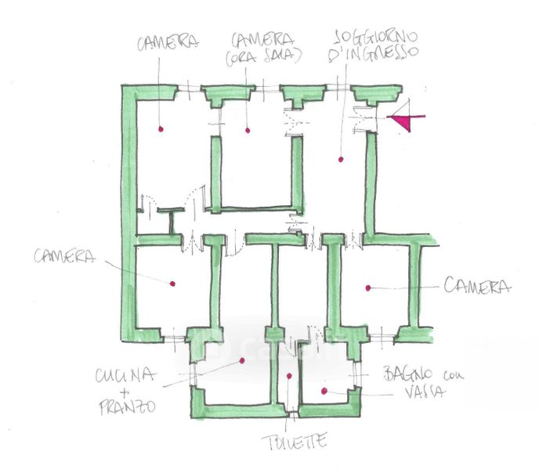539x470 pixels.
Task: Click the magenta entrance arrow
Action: (x=405, y=121)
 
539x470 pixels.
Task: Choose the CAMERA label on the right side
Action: (x=477, y=287)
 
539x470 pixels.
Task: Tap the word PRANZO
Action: (x=125, y=407)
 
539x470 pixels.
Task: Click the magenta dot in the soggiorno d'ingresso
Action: (x=341, y=160)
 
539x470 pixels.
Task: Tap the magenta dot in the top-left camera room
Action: (x=159, y=128)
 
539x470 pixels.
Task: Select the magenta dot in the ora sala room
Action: (x=247, y=129)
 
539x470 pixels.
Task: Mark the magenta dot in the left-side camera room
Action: (x=172, y=284)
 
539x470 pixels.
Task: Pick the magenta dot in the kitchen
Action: (x=243, y=361)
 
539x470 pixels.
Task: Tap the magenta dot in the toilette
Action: (x=289, y=377)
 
